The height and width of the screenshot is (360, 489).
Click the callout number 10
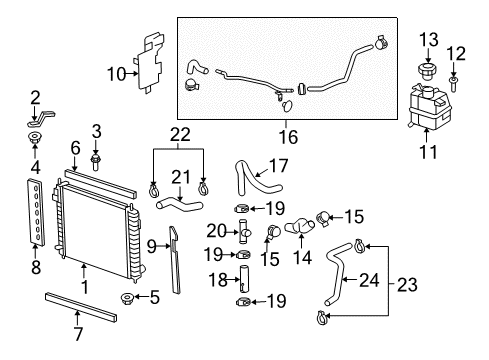click(x=118, y=72)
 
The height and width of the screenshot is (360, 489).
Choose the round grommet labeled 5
click(x=127, y=297)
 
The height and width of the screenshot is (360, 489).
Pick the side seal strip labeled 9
click(x=177, y=260)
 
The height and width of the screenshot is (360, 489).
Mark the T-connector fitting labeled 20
click(x=243, y=234)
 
